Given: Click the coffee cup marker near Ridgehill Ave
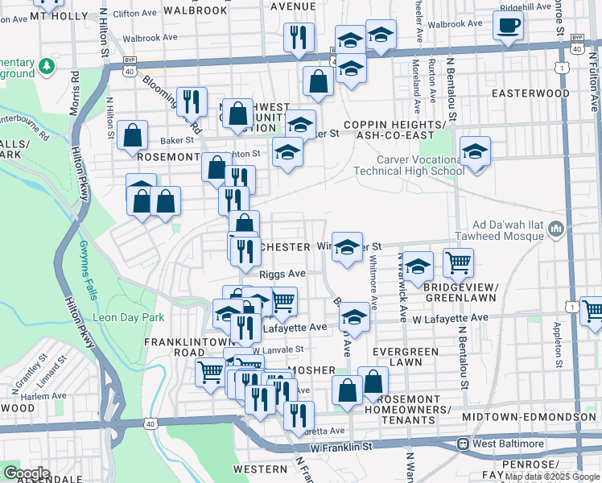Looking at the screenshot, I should tap(508, 27).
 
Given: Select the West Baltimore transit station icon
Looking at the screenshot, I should tap(464, 444).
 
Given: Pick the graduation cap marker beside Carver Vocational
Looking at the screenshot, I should tap(476, 152).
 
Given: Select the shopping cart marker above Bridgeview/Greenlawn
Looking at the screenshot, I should tap(457, 262).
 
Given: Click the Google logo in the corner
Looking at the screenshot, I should tap(27, 473).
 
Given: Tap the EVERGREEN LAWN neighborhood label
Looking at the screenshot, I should tap(402, 357).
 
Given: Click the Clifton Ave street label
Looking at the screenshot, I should tap(134, 14).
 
